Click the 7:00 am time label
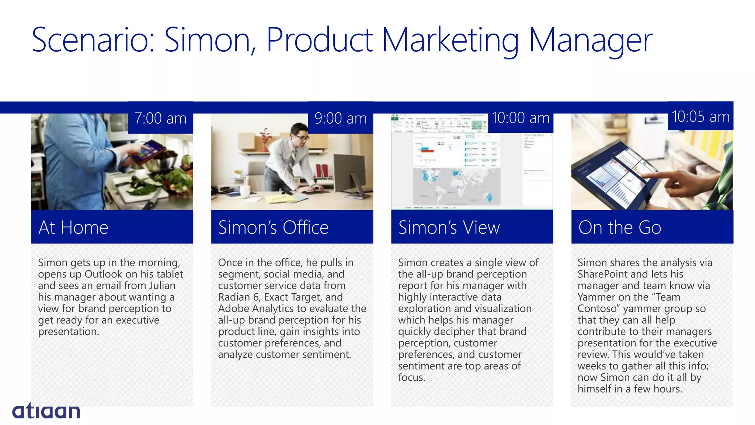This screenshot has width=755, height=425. (160, 118)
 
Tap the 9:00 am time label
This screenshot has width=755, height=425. (340, 118)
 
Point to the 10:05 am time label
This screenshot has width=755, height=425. (700, 117)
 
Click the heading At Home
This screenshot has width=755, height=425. (73, 227)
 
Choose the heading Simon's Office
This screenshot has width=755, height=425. (273, 227)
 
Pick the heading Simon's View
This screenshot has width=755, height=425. (449, 227)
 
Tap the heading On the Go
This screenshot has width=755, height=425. (620, 227)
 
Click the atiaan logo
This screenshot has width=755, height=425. (46, 411)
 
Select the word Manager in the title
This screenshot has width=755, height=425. (591, 41)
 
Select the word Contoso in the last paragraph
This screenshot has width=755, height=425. (598, 308)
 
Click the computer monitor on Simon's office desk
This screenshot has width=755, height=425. (348, 173)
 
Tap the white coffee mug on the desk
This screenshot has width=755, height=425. (244, 191)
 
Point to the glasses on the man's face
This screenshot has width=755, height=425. (303, 138)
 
